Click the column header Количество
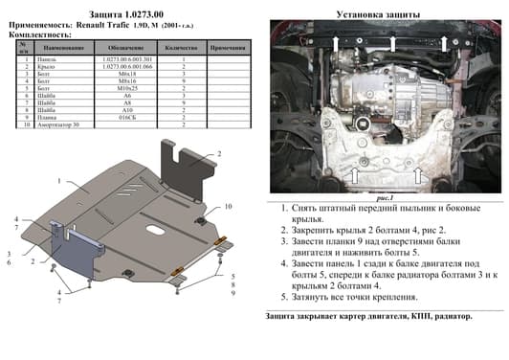pos(181,46)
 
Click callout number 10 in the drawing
pos(229,207)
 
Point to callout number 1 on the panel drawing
pos(59,180)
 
